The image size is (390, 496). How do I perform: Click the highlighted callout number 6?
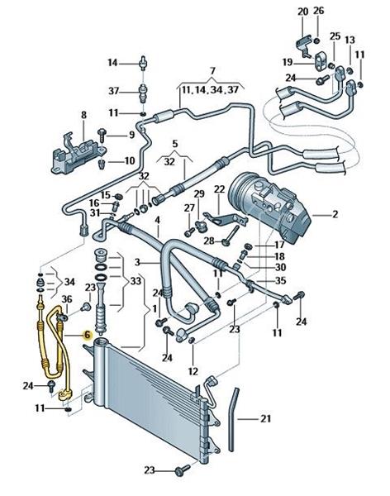click(87, 335)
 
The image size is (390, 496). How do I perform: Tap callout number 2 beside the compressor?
click(335, 214)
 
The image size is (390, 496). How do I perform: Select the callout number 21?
click(266, 419)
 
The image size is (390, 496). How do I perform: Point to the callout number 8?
click(83, 115)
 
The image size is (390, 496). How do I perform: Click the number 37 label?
click(113, 91)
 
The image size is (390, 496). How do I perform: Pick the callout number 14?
click(112, 63)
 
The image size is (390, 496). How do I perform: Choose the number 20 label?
click(302, 12)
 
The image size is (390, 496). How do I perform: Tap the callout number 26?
click(318, 11)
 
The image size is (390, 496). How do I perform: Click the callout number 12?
click(193, 370)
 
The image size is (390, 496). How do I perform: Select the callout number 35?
click(281, 280)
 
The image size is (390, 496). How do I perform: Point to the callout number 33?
click(136, 280)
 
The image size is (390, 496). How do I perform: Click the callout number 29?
click(199, 193)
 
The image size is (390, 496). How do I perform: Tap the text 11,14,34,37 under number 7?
click(210, 90)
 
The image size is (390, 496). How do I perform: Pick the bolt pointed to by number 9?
click(102, 136)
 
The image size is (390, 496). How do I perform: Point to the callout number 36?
click(67, 299)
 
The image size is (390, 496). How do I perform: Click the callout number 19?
click(288, 62)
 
